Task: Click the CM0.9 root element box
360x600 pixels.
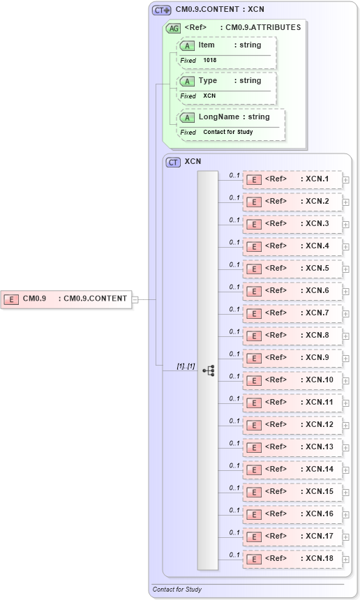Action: pos(66,299)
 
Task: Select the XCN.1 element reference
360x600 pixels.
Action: pos(292,179)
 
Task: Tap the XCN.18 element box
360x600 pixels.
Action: pos(292,559)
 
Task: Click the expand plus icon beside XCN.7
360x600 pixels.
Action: pos(345,314)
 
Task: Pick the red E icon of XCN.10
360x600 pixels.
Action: pos(255,381)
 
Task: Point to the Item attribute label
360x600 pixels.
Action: pos(207,45)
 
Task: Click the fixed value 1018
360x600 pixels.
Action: pos(210,61)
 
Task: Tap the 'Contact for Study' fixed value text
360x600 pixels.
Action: pos(227,132)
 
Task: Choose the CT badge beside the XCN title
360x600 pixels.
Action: pos(173,162)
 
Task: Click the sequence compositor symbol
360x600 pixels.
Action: pos(208,370)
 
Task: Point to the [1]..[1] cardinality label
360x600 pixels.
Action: pos(185,366)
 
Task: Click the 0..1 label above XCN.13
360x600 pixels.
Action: pos(234,443)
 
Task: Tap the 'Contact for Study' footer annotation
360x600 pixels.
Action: pos(177,590)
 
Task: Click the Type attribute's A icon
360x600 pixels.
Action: pos(187,82)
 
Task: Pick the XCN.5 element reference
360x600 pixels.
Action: pos(292,269)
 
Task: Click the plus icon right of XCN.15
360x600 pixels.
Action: pos(345,493)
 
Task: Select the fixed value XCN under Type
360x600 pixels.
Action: pos(209,96)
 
